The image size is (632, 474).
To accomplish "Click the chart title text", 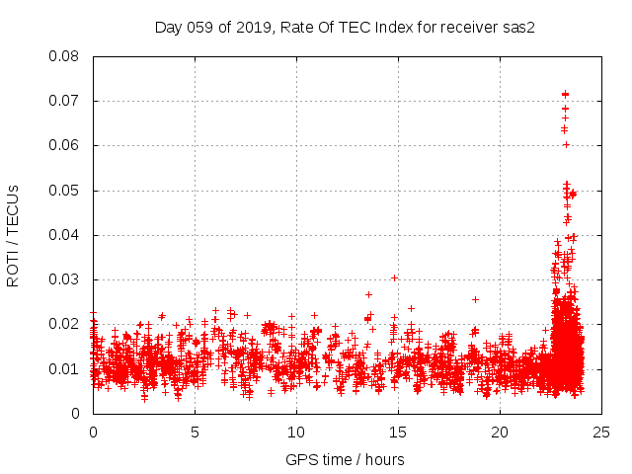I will click(x=345, y=28).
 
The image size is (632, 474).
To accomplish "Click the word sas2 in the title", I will click(x=516, y=28).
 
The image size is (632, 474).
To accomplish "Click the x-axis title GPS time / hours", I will click(x=345, y=459).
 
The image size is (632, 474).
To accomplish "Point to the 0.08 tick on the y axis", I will click(x=64, y=56).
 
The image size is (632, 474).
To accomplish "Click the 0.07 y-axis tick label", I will click(x=64, y=101).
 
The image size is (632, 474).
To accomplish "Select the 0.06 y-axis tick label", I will click(x=64, y=145).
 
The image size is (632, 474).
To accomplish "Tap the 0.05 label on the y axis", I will click(x=64, y=190).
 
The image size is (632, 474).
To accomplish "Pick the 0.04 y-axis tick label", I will click(x=64, y=235).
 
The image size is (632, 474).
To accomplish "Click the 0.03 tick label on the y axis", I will click(x=64, y=279).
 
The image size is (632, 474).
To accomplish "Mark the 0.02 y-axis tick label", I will click(x=64, y=324).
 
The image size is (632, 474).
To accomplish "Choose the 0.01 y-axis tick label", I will click(x=64, y=368).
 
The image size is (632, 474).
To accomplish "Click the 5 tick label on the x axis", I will click(x=195, y=432).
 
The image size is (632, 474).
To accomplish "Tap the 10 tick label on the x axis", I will click(x=296, y=432).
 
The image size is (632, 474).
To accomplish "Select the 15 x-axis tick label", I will click(x=398, y=432).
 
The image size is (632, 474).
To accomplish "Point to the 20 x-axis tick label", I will click(x=500, y=432).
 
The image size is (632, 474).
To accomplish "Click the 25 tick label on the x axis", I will click(x=601, y=432).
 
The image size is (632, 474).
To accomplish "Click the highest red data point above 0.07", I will click(x=565, y=94).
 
